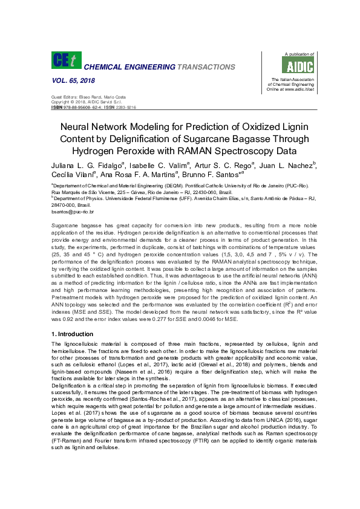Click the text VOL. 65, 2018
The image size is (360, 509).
tap(69, 80)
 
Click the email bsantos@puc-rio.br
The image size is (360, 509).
tap(73, 213)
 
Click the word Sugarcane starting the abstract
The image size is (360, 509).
tap(65, 224)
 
